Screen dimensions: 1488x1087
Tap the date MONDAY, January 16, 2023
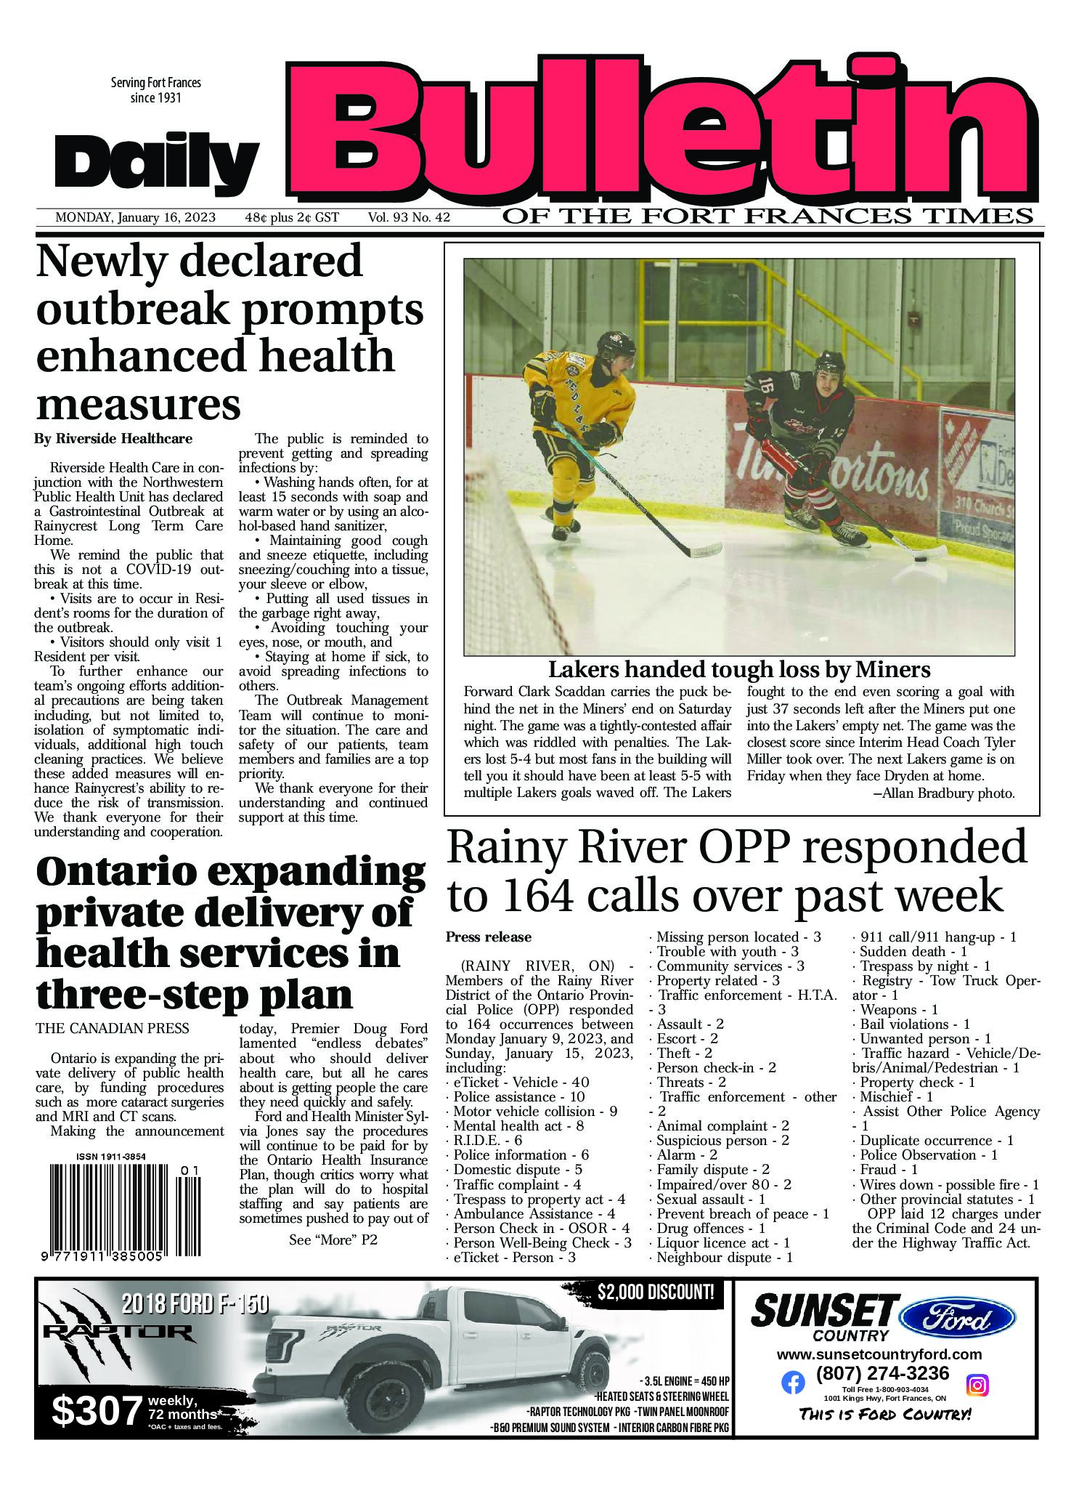coord(135,217)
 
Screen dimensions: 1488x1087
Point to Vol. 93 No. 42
coord(409,217)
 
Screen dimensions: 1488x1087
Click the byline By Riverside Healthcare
coord(113,439)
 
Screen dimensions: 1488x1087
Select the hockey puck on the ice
coord(920,559)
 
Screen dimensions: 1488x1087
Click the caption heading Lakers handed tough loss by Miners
coord(738,669)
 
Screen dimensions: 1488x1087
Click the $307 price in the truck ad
coord(97,1411)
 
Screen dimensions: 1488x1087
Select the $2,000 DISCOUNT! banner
coord(656,1293)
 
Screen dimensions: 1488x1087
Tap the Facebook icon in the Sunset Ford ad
coord(793,1383)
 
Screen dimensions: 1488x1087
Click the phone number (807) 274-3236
coord(882,1373)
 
